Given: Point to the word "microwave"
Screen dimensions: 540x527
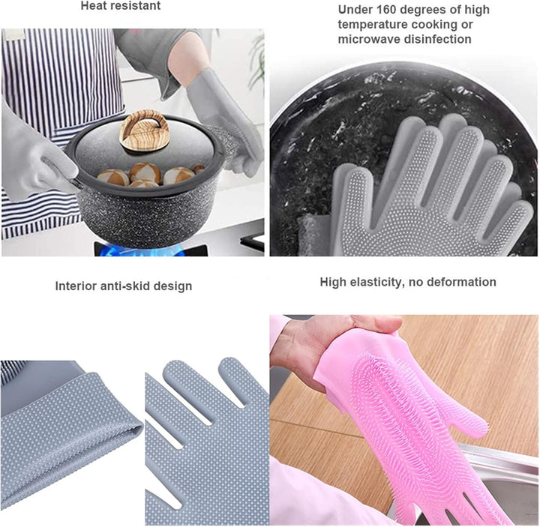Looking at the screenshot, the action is pyautogui.click(x=368, y=39).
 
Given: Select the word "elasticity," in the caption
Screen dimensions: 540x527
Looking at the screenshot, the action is pyautogui.click(x=378, y=282).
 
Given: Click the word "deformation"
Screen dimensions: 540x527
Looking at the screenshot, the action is pyautogui.click(x=460, y=282).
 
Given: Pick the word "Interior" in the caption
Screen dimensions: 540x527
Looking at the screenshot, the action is pyautogui.click(x=76, y=286).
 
